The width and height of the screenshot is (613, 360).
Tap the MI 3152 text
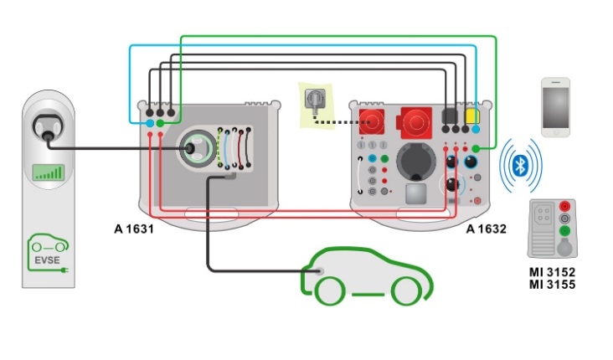[x=551, y=271]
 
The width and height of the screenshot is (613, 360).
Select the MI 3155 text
[x=551, y=285]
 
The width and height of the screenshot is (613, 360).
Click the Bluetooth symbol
[x=519, y=164]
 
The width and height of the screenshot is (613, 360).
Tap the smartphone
[x=555, y=107]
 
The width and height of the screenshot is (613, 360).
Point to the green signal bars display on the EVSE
[x=49, y=172]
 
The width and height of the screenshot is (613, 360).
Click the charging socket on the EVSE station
[x=47, y=127]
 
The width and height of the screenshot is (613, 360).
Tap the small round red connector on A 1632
[x=369, y=121]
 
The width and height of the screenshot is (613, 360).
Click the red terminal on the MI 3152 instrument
[x=566, y=207]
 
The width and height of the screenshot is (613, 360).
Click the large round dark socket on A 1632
[x=416, y=160]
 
